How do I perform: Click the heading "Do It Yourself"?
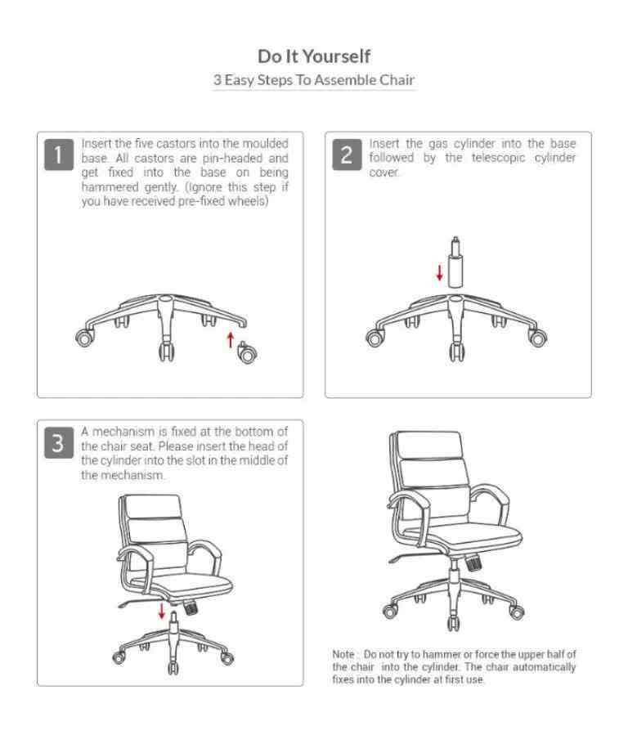[314, 56]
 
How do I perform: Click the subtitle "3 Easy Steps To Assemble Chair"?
[314, 79]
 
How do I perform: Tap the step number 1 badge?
[59, 155]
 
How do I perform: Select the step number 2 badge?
[347, 155]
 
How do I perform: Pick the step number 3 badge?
[59, 442]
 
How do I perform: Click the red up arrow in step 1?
[230, 340]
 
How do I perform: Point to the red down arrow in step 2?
[440, 272]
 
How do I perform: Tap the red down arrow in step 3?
[162, 611]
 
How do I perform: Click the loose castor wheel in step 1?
[247, 353]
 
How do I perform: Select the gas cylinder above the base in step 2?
[455, 262]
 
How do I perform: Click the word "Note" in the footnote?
[343, 654]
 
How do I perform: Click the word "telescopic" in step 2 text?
[498, 158]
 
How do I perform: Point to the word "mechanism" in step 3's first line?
[123, 432]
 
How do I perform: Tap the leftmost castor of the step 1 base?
[84, 337]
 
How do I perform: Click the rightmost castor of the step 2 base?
[537, 338]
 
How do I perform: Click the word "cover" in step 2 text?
[384, 173]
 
